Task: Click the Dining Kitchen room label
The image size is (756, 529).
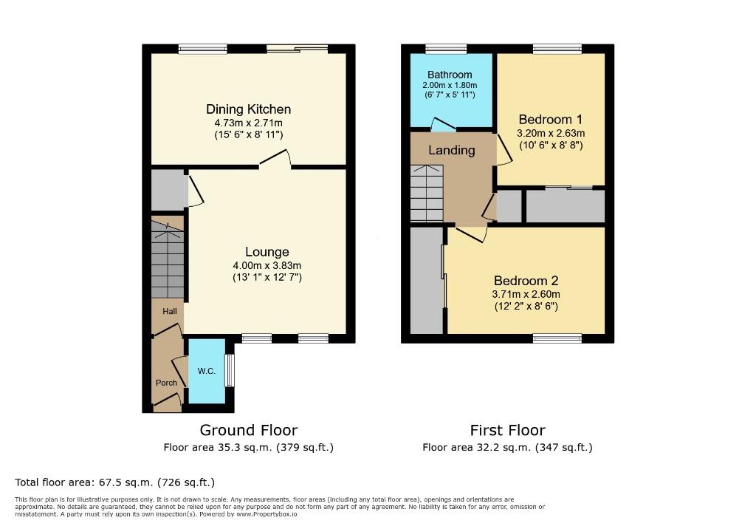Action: pos(248,109)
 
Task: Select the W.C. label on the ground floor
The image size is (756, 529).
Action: pos(207,371)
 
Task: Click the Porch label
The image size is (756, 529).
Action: pos(166,383)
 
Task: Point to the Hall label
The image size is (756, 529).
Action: pos(170,312)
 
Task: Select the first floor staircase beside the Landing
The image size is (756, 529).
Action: pos(427,194)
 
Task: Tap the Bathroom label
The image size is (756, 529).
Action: pos(450,75)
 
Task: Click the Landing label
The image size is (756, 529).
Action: pos(452,150)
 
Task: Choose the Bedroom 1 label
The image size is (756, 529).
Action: pos(551,120)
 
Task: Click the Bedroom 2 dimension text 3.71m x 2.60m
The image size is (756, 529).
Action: pos(526,294)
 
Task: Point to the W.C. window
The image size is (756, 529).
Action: pos(230,370)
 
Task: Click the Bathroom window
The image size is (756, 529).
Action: pos(446,50)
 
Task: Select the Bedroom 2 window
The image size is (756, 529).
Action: pos(557,338)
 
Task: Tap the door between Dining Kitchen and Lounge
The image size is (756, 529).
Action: pos(275,160)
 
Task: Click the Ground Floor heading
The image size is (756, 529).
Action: pos(249,430)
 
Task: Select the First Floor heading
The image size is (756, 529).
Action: pos(507,430)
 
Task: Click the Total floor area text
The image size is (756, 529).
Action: pos(114,482)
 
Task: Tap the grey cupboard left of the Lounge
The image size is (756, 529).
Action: pos(167,190)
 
